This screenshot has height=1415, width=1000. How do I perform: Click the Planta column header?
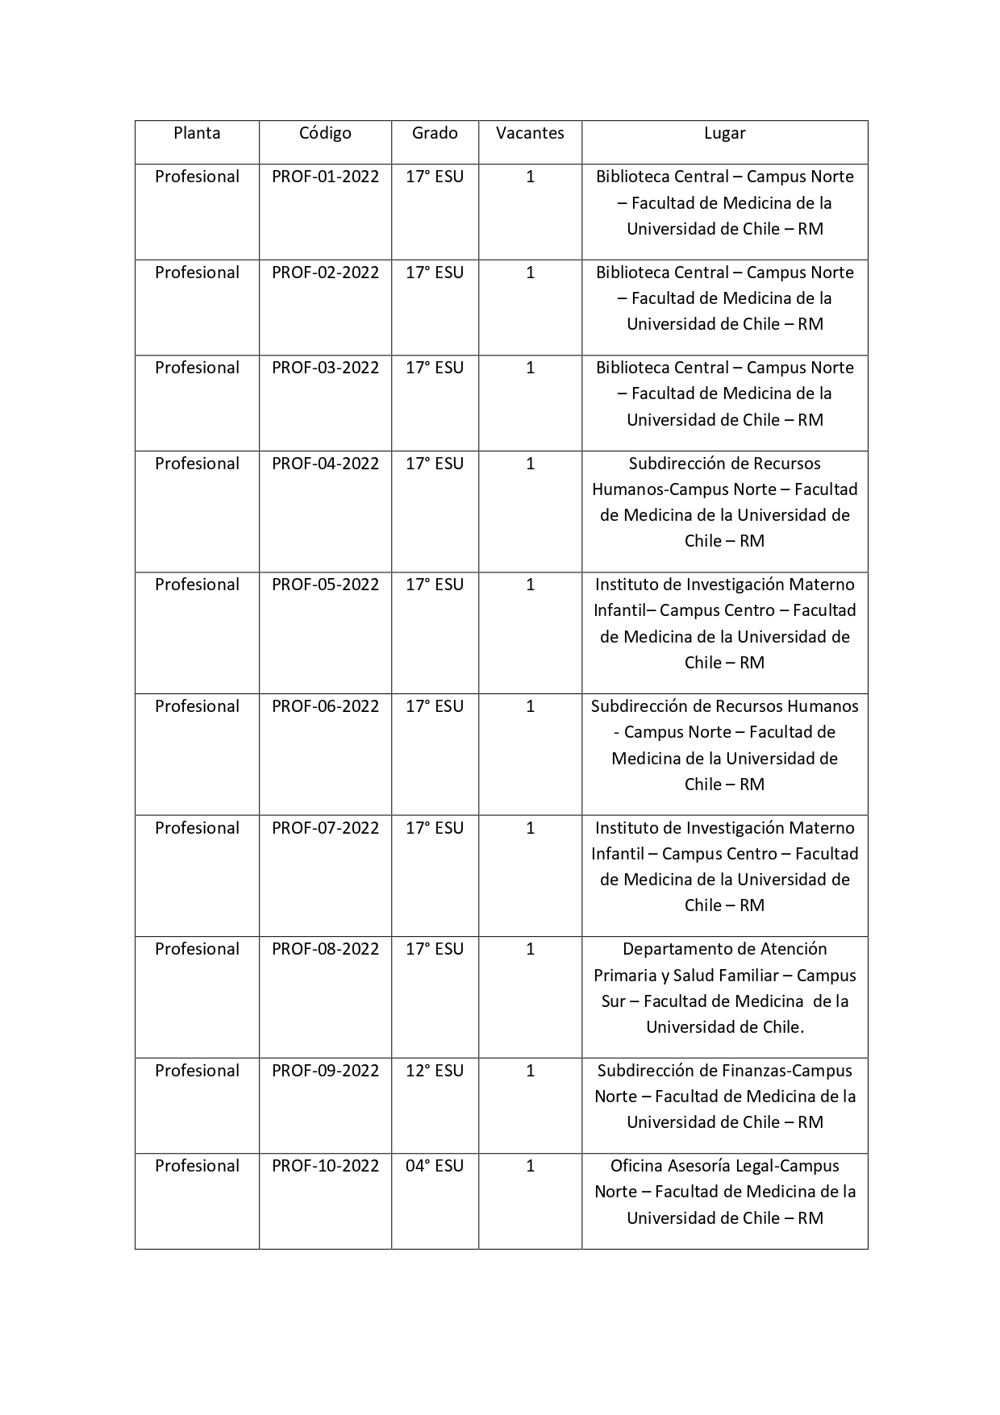[197, 133]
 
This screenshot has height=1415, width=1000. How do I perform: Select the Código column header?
[325, 133]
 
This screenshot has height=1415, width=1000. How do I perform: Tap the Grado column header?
[435, 133]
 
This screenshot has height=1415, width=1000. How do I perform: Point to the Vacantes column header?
[530, 133]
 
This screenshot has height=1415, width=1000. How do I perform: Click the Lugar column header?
[724, 133]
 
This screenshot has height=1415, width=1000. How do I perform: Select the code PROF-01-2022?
[325, 177]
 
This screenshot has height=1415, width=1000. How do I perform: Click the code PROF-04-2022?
[325, 464]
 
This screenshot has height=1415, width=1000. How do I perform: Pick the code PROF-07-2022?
[325, 828]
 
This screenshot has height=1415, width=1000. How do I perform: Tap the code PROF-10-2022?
[325, 1166]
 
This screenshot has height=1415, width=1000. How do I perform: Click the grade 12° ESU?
[435, 1071]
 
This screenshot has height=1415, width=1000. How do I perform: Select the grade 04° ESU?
[435, 1166]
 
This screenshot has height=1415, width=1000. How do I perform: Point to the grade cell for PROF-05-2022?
[435, 585]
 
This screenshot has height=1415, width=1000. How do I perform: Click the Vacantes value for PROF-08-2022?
[530, 949]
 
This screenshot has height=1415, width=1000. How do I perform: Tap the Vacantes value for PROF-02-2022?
[530, 273]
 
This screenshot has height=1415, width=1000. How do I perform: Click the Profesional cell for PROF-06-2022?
[197, 706]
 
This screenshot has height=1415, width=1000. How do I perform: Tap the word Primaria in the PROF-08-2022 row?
[625, 976]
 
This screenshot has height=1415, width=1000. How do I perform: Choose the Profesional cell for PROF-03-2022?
[197, 368]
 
